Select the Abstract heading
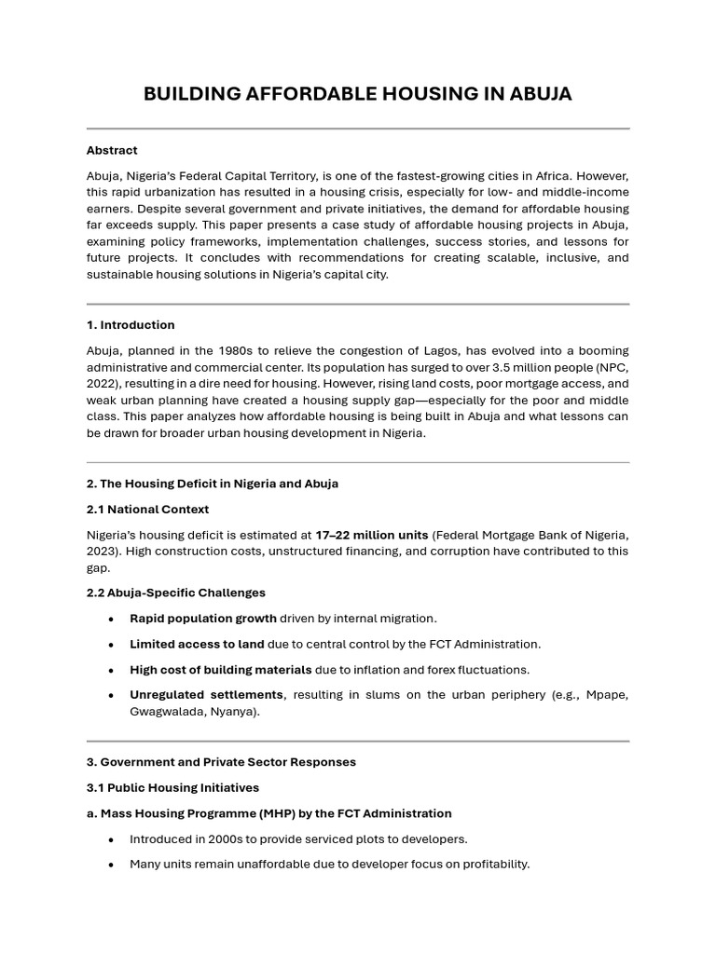pyautogui.click(x=112, y=150)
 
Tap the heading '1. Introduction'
pyautogui.click(x=131, y=325)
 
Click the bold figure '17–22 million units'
pyautogui.click(x=371, y=535)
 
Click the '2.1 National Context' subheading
pyautogui.click(x=147, y=510)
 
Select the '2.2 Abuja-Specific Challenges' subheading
pyautogui.click(x=175, y=593)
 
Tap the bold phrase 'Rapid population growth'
pyautogui.click(x=202, y=619)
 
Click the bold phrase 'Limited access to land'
pyautogui.click(x=197, y=644)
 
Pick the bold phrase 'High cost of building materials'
pyautogui.click(x=220, y=670)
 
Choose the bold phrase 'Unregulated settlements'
pyautogui.click(x=206, y=695)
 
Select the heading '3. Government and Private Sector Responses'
pyautogui.click(x=221, y=762)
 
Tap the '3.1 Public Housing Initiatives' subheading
pyautogui.click(x=172, y=788)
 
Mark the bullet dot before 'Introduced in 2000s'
pyautogui.click(x=112, y=839)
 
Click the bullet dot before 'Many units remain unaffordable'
pyautogui.click(x=112, y=865)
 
